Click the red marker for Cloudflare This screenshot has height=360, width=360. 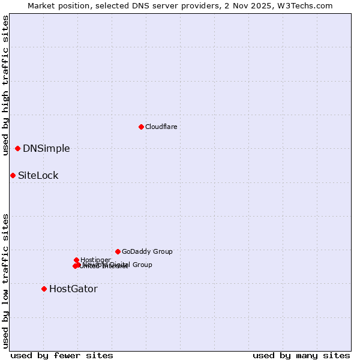click(141, 127)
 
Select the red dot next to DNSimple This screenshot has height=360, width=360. click(18, 148)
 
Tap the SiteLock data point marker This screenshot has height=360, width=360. click(13, 175)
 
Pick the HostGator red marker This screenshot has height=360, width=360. click(44, 289)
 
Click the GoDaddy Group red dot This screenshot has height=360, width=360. click(118, 251)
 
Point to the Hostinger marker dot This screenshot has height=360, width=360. click(76, 260)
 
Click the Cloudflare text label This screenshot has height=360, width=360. click(161, 127)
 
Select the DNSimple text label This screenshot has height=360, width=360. click(46, 149)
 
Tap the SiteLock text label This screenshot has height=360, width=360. click(38, 176)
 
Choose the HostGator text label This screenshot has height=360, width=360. click(73, 289)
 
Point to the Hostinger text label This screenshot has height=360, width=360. click(95, 260)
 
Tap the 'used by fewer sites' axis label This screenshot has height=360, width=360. click(62, 355)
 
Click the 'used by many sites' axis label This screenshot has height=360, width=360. click(301, 355)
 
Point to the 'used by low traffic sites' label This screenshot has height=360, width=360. click(5, 281)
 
